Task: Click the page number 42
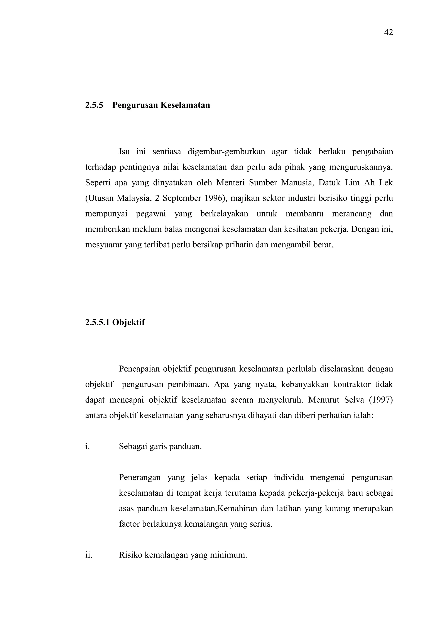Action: (x=388, y=32)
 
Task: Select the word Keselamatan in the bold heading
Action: (x=185, y=105)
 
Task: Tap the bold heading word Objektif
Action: (x=128, y=322)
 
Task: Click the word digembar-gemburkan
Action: (x=226, y=152)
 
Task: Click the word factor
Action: (x=129, y=524)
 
